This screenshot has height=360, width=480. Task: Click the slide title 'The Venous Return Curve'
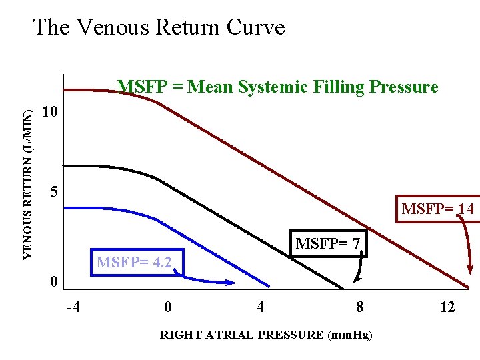(159, 27)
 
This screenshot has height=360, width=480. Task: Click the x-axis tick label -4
(73, 307)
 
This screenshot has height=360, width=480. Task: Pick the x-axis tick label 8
(360, 307)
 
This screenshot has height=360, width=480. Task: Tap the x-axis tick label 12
(447, 307)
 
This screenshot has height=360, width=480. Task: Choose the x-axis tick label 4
(260, 307)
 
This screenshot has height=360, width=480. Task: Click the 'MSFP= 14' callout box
(437, 209)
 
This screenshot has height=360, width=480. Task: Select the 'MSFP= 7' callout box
(327, 245)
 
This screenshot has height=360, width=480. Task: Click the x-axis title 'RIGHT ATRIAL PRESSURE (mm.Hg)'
(266, 335)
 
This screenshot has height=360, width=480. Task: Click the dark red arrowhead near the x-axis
(471, 270)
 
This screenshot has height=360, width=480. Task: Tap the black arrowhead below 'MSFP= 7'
(355, 280)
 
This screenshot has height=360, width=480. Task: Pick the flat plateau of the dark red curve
(93, 89)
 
